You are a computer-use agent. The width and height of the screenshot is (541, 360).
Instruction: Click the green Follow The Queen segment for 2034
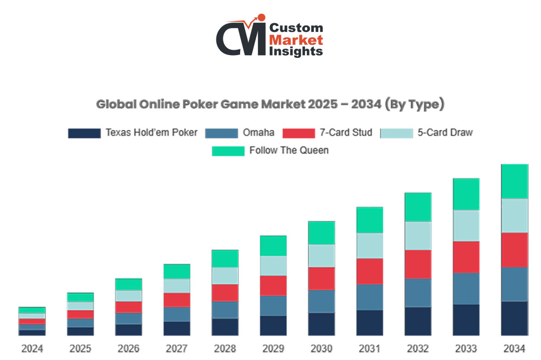click(x=514, y=182)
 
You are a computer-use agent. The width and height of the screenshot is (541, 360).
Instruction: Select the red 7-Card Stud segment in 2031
click(x=370, y=271)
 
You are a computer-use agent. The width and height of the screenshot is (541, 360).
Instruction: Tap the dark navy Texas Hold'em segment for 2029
click(x=273, y=325)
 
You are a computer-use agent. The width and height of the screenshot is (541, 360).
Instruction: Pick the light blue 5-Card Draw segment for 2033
click(x=466, y=225)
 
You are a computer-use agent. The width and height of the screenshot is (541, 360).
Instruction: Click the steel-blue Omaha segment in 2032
click(x=418, y=292)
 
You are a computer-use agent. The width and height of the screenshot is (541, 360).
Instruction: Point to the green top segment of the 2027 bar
click(x=177, y=271)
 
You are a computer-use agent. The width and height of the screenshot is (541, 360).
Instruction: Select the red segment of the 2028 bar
click(x=225, y=292)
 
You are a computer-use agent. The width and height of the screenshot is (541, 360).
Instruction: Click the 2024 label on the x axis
click(x=32, y=349)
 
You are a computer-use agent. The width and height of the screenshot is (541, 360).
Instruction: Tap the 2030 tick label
click(x=321, y=349)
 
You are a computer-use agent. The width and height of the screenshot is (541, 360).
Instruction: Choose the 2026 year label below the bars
click(x=128, y=349)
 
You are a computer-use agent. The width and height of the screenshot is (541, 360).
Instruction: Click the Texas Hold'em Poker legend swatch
click(x=84, y=134)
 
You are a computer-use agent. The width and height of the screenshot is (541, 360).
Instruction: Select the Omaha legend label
click(x=258, y=133)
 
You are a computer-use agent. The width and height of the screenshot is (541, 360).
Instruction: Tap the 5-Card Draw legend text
click(x=445, y=133)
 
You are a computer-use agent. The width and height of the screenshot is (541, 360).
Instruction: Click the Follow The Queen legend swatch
click(x=228, y=151)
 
